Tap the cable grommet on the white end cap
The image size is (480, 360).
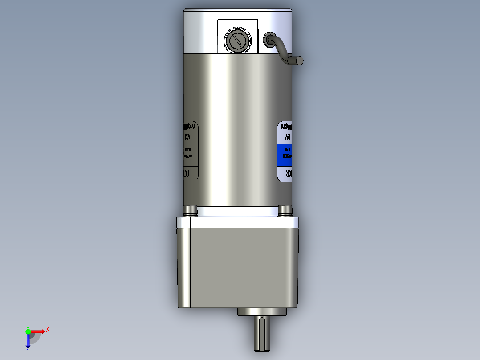pos(269,39)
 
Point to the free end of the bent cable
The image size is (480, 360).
pos(299,61)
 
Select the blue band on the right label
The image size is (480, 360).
pos(285,155)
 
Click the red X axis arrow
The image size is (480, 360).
pos(37,331)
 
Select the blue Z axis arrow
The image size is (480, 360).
pos(28,341)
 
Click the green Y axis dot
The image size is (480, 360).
pos(28,331)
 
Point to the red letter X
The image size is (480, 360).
pos(48,329)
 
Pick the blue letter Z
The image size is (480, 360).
pos(28,350)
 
